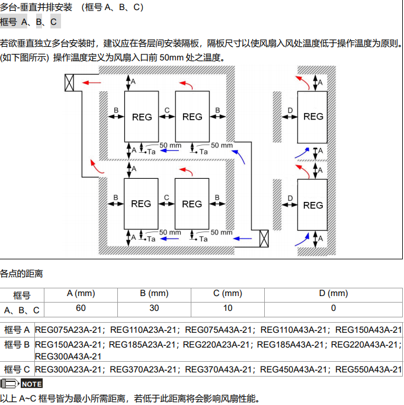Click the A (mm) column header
(81, 293)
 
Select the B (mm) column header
(154, 293)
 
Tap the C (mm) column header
(228, 293)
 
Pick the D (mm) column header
(334, 293)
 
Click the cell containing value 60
(81, 308)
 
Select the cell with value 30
(154, 308)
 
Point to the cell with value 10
(228, 308)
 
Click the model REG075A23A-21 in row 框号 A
(69, 330)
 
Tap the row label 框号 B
(17, 344)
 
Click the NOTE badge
(31, 384)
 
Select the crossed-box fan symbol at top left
(69, 83)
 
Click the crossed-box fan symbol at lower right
(264, 238)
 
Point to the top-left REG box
(141, 116)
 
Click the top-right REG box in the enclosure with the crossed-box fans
(192, 116)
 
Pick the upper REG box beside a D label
(313, 117)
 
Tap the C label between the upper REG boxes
(167, 110)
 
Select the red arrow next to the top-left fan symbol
(91, 82)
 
